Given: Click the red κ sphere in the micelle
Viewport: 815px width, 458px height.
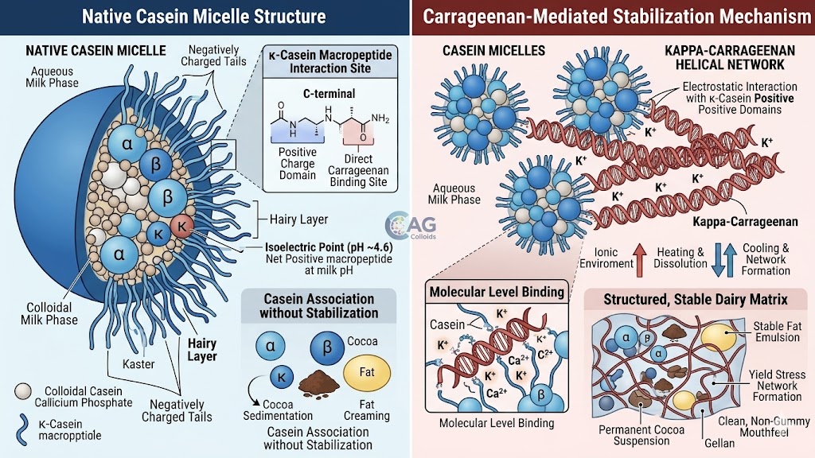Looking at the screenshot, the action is click(181, 226).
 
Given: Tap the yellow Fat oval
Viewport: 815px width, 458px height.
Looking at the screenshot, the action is click(367, 372).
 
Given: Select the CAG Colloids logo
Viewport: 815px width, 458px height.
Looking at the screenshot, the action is click(411, 226).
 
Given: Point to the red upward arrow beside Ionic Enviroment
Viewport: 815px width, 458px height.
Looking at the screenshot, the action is click(640, 259).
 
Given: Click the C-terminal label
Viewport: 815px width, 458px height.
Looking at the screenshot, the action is click(329, 94).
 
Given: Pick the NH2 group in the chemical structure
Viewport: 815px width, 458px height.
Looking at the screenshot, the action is click(380, 118).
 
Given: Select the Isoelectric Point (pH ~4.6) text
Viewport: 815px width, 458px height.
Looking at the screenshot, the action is click(329, 248).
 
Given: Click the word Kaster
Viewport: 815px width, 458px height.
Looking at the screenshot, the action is click(138, 364).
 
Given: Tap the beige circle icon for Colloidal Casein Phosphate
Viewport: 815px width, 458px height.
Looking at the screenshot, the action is click(23, 391).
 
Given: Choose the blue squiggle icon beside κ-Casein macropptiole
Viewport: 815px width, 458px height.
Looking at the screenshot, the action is click(22, 429).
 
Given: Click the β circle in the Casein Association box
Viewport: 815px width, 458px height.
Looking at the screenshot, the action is click(327, 347).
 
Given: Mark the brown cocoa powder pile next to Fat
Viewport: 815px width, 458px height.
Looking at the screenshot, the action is click(318, 382).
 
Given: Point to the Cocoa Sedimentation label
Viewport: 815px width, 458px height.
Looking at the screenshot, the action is click(278, 410).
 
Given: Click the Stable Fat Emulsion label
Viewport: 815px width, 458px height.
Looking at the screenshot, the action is click(778, 332).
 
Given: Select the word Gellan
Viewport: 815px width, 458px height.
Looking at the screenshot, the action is click(719, 444).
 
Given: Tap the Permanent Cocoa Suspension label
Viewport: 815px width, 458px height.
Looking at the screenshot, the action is click(641, 435).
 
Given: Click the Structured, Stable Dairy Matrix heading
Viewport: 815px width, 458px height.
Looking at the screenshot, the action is click(696, 300).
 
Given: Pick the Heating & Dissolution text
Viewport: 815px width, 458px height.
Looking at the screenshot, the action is click(680, 258).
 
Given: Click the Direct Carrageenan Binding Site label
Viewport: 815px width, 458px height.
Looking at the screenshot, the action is click(358, 170).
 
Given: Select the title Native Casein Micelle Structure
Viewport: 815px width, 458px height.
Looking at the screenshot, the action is click(204, 17).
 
